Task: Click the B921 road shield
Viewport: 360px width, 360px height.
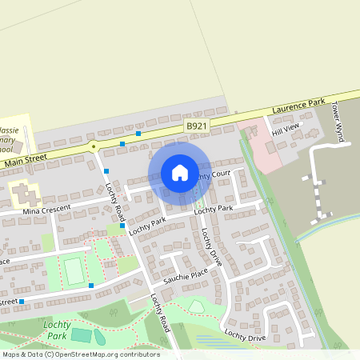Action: tap(196, 126)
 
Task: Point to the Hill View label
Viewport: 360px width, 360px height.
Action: tap(285, 130)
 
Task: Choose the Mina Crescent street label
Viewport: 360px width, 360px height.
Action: tap(47, 209)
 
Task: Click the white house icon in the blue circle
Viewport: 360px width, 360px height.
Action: tap(180, 173)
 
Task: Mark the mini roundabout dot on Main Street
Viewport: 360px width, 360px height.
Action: tap(94, 146)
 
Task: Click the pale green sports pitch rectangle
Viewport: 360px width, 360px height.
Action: tap(74, 270)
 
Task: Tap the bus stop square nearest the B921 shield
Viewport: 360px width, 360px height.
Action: tap(138, 134)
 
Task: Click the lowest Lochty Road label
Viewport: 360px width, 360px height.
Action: tap(161, 311)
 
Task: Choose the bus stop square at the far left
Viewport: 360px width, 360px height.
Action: tap(22, 302)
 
